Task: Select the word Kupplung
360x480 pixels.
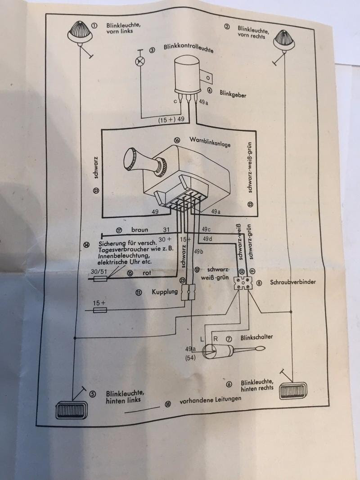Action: [x=162, y=292]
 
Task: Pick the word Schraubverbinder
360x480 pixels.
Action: [x=292, y=283]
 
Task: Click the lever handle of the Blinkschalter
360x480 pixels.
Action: [x=252, y=350]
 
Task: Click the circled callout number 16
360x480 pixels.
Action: [x=177, y=140]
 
